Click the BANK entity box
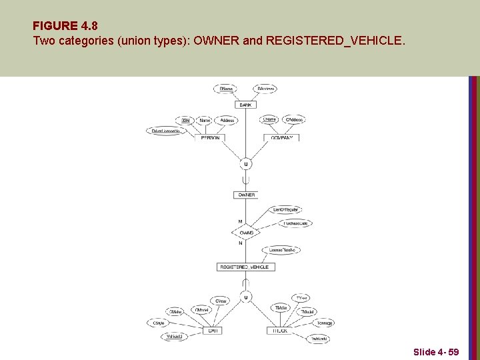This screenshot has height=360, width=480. (x=246, y=105)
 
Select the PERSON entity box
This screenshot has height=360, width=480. (x=210, y=137)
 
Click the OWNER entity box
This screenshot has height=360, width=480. (x=246, y=195)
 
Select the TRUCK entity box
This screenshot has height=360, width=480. (x=279, y=331)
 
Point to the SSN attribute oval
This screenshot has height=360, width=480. (x=185, y=121)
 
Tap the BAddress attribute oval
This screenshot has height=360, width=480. (x=265, y=89)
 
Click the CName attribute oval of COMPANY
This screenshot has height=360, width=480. (x=269, y=120)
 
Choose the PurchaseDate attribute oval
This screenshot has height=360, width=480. (x=295, y=223)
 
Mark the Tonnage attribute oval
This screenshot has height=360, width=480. (x=324, y=323)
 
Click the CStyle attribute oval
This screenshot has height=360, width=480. (x=158, y=323)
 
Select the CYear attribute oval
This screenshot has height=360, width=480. (x=221, y=301)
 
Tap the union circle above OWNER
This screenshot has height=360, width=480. (x=246, y=163)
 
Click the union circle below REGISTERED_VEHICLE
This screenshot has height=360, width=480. (x=246, y=297)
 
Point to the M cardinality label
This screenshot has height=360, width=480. (x=240, y=221)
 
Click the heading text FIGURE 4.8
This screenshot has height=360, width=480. (x=65, y=27)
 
